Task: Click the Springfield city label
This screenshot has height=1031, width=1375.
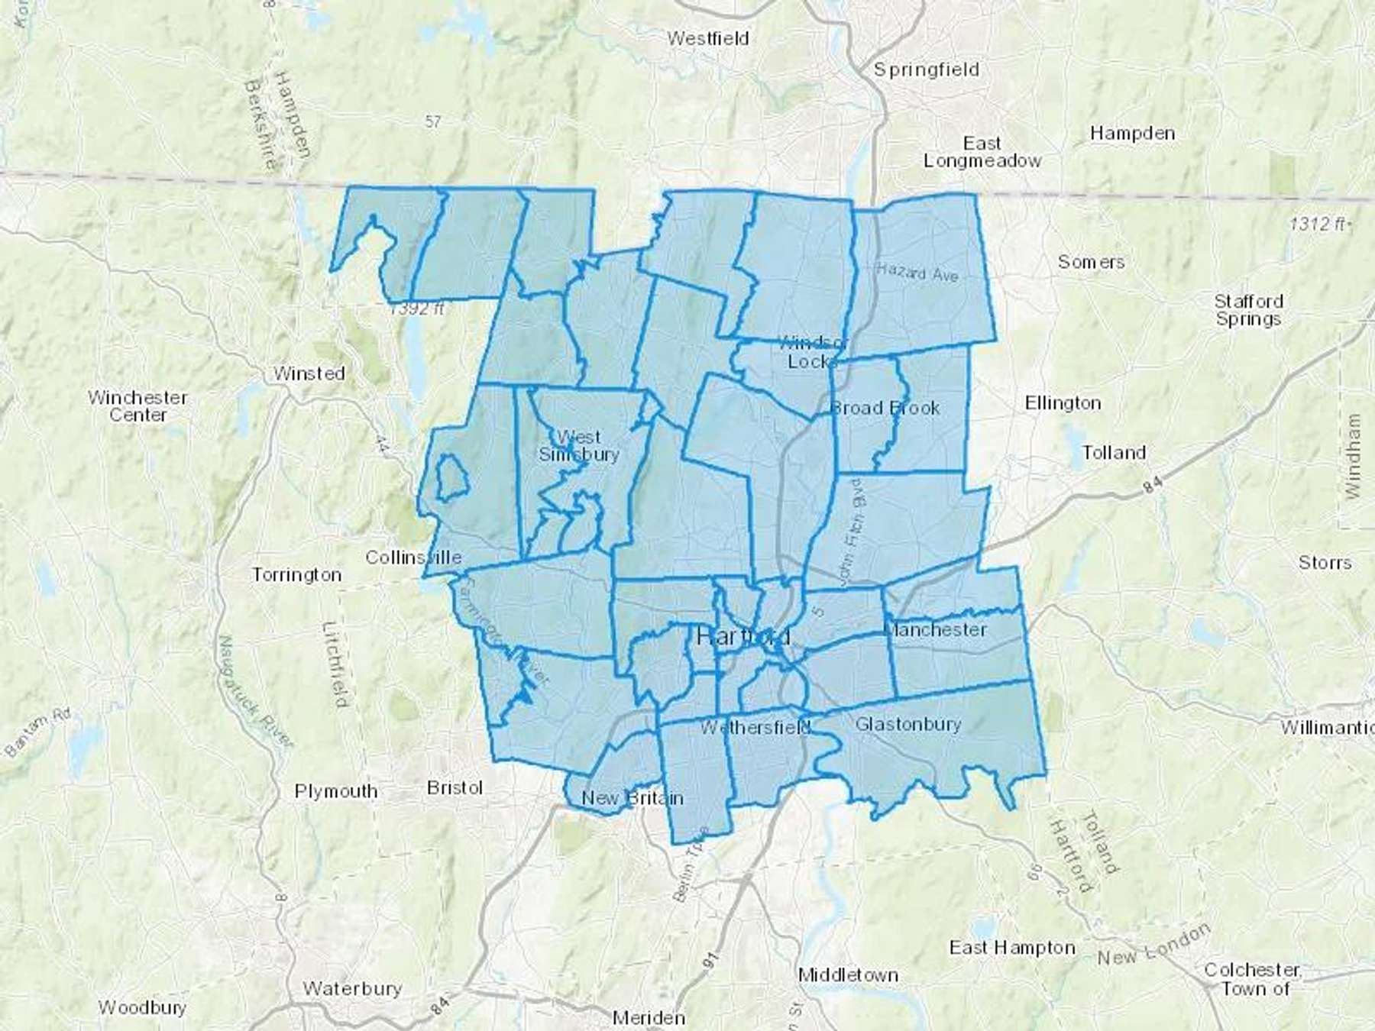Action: click(x=926, y=70)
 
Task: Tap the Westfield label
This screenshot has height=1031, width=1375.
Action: click(x=707, y=38)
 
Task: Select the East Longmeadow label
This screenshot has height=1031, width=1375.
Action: click(x=982, y=152)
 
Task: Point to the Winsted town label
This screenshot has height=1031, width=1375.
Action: click(x=309, y=373)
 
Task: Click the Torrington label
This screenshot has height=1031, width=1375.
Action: click(x=296, y=574)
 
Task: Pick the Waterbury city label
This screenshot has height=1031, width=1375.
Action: click(x=352, y=988)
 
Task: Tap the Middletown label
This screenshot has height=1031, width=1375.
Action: click(x=848, y=975)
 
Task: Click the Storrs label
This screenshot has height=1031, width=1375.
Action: click(x=1325, y=563)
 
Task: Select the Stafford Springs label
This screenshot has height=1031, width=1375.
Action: click(x=1248, y=310)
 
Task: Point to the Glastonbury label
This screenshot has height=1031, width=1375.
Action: click(x=907, y=723)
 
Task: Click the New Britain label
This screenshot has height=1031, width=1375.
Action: click(x=632, y=798)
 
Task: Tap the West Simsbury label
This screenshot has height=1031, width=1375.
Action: click(x=578, y=446)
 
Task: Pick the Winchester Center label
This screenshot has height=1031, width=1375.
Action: click(x=137, y=406)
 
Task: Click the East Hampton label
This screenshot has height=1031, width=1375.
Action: click(x=1012, y=948)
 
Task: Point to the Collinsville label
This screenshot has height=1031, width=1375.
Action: click(x=413, y=558)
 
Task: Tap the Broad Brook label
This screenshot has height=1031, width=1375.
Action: click(x=885, y=408)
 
